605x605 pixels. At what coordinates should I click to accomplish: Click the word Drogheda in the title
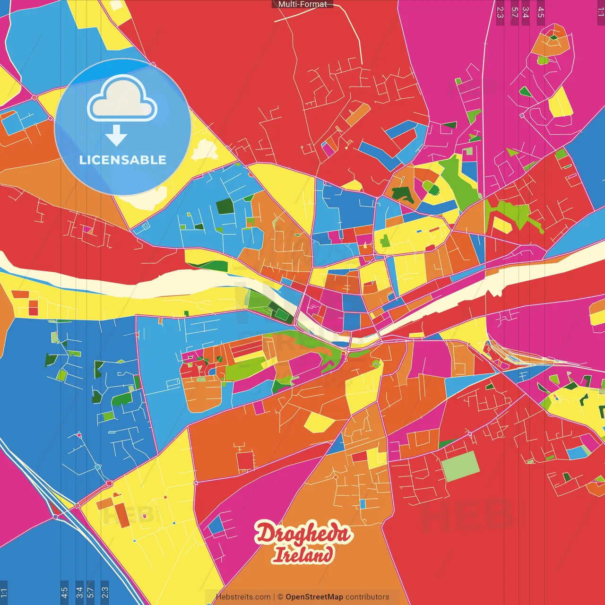tap(303, 533)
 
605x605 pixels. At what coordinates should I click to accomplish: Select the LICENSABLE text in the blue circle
tap(122, 160)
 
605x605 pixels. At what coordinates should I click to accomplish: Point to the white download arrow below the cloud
tap(116, 136)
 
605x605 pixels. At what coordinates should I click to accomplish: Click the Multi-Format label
tap(302, 4)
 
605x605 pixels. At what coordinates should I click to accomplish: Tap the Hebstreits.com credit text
tap(243, 597)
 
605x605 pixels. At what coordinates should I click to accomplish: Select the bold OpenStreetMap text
tap(314, 597)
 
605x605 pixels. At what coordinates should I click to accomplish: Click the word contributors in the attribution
tap(367, 597)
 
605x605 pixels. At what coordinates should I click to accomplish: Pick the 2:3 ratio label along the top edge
tap(500, 12)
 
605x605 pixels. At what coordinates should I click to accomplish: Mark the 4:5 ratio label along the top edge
tap(541, 12)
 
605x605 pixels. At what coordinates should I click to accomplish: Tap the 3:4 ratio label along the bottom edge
tap(79, 592)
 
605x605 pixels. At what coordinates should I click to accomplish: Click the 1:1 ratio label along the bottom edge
tap(4, 592)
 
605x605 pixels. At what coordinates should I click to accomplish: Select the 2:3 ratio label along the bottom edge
tap(105, 592)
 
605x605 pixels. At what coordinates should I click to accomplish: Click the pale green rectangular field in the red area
tap(460, 466)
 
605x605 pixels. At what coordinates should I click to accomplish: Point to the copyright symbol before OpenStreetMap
tap(280, 597)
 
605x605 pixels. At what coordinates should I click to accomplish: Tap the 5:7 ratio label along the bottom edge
tap(90, 592)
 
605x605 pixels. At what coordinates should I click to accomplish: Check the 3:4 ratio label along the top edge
tap(525, 12)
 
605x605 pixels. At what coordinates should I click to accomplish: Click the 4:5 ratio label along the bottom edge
tap(64, 592)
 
